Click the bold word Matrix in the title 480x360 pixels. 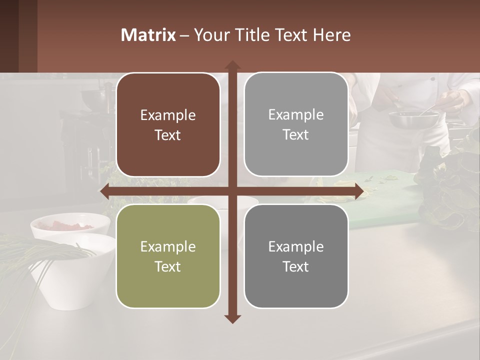click(x=148, y=35)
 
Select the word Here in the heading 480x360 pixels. click(x=331, y=35)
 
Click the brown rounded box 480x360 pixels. click(x=168, y=125)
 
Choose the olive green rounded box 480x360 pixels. click(x=168, y=256)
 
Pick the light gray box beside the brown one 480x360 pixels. click(x=296, y=124)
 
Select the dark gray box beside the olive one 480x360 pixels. click(x=296, y=256)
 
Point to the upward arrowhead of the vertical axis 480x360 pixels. click(x=232, y=65)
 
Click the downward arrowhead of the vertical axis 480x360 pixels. click(x=232, y=318)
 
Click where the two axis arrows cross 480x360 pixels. click(x=232, y=191)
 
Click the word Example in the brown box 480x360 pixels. click(x=168, y=115)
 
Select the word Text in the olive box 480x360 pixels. click(x=168, y=266)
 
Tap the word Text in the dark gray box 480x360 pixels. click(x=296, y=266)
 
